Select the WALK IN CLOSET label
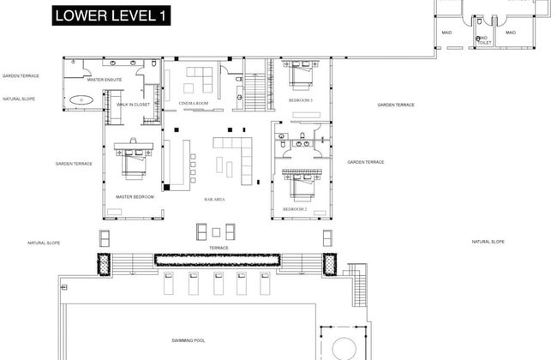[x=135, y=104]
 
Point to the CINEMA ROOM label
[x=194, y=103]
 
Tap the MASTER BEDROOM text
[x=135, y=196]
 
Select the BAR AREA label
[x=214, y=199]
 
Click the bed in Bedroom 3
[x=300, y=74]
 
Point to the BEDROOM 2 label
[x=295, y=209]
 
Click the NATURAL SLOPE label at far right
[x=488, y=242]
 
